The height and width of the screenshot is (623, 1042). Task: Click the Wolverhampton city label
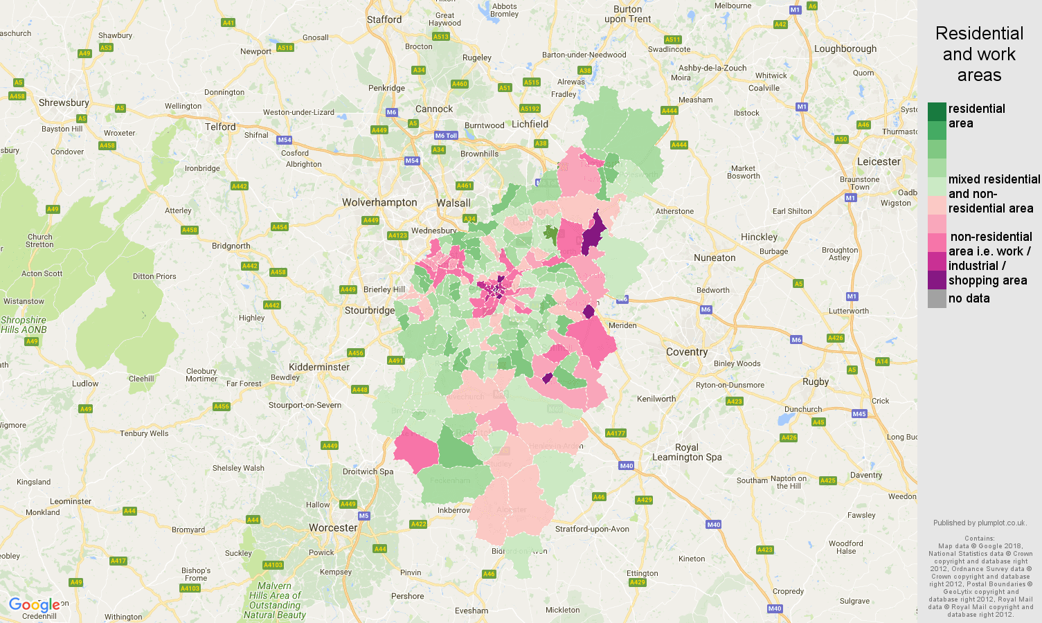point(379,203)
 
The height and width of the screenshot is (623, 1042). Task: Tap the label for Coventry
point(686,352)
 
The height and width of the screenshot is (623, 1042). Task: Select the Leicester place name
point(879,162)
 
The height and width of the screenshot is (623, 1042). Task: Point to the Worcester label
point(333,528)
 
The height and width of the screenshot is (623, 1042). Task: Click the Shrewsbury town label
point(64,103)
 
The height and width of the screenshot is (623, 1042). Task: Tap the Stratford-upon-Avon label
point(592,530)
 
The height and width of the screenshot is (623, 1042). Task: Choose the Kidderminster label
point(319,368)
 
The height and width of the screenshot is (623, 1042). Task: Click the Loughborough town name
point(845,49)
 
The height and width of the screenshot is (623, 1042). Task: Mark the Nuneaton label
point(715,258)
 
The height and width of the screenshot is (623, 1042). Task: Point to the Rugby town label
point(816,382)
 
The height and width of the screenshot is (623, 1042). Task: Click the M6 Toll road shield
point(446,136)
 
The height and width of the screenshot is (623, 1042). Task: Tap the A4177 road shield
point(616,433)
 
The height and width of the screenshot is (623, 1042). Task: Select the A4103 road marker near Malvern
point(273,565)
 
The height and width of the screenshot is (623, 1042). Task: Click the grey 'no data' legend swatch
point(937,299)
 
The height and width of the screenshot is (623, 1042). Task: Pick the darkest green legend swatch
point(937,111)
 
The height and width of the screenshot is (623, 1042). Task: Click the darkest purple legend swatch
point(937,280)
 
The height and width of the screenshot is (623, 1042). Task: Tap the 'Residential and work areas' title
point(979,55)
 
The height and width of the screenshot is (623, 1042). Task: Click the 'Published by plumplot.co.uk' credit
point(979,523)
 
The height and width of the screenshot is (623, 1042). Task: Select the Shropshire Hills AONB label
point(24,325)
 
